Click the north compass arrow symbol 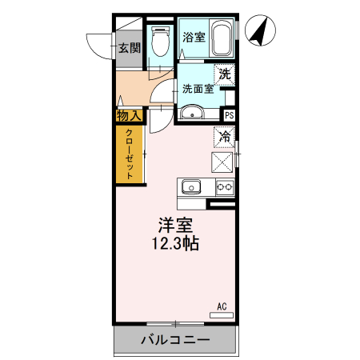point(259,33)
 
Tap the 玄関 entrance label point(130,47)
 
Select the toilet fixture point(159,41)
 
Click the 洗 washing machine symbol point(225,74)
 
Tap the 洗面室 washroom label point(197,89)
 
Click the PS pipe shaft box point(230,115)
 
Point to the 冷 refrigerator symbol point(225,137)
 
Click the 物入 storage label point(129,116)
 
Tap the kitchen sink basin point(192,188)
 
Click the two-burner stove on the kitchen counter point(224,188)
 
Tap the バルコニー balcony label point(175,340)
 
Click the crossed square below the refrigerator point(222,162)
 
